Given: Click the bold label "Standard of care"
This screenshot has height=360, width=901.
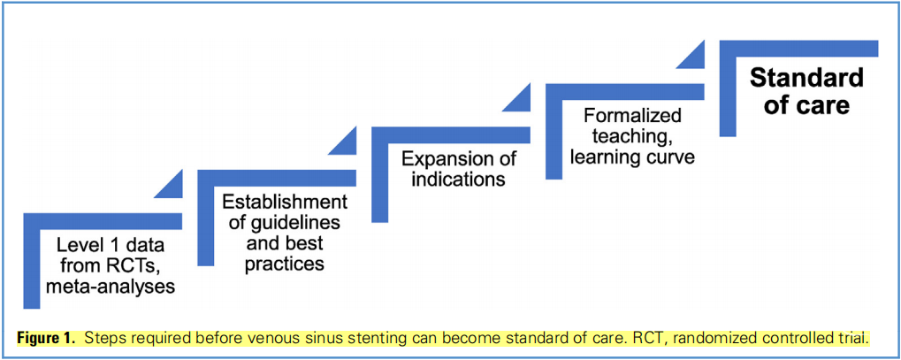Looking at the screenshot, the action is [806, 91].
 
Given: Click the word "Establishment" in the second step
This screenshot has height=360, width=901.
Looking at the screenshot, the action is [285, 202].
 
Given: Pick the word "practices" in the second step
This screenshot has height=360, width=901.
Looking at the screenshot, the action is [285, 264].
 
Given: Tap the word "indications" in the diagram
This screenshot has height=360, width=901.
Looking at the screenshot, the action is [459, 179].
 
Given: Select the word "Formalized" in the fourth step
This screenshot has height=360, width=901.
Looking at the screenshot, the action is [632, 115].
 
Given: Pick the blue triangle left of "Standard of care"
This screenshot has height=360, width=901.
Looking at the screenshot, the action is [690, 54].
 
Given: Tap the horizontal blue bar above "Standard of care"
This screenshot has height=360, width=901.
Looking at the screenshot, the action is [798, 49].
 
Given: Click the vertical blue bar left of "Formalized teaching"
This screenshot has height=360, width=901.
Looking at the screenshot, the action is [554, 131].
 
